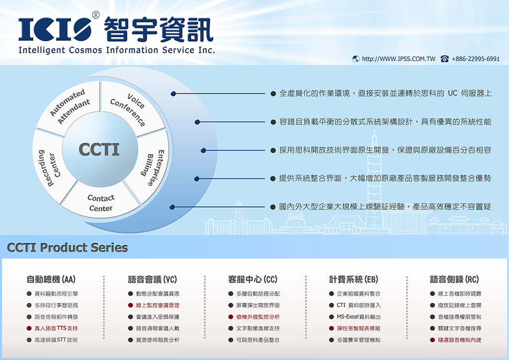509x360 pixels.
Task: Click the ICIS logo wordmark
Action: (55, 29)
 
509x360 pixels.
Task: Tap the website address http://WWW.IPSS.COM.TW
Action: (399, 59)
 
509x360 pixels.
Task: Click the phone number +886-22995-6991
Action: (475, 59)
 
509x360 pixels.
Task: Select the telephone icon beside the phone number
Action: (445, 59)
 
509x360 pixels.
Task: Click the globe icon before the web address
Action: (356, 59)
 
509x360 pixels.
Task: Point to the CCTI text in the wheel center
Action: (99, 149)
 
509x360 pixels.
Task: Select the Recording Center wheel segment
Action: (50, 166)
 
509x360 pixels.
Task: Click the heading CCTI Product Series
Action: (68, 247)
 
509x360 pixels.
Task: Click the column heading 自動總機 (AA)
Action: (51, 279)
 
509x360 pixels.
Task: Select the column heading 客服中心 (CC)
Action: (253, 279)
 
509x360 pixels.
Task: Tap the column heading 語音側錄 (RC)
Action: (454, 279)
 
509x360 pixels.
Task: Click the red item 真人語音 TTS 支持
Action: (56, 328)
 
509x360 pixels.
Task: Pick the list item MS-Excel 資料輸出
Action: (359, 317)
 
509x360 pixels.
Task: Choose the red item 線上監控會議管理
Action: (158, 305)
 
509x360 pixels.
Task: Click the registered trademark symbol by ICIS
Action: (96, 14)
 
